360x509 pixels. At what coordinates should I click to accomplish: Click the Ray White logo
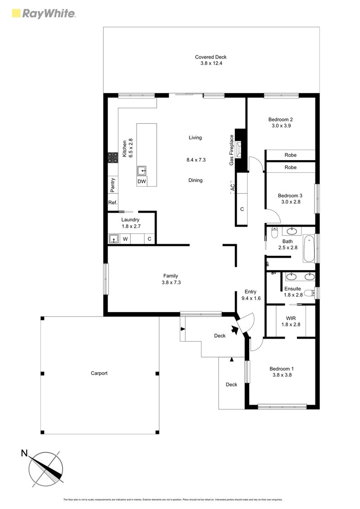pyautogui.click(x=43, y=13)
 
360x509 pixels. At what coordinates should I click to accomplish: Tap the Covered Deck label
pyautogui.click(x=211, y=57)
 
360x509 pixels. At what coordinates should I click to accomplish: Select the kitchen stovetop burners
pyautogui.click(x=112, y=157)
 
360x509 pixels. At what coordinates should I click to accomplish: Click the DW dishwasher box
pyautogui.click(x=142, y=181)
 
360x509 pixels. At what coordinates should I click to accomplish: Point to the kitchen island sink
pyautogui.click(x=142, y=170)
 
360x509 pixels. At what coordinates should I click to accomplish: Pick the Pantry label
pyautogui.click(x=112, y=184)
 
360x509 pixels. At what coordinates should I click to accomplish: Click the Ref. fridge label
pyautogui.click(x=112, y=203)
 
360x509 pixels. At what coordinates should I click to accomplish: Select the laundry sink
pyautogui.click(x=114, y=239)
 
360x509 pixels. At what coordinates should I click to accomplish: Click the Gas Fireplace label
pyautogui.click(x=231, y=150)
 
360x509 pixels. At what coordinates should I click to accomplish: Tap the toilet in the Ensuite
pyautogui.click(x=309, y=293)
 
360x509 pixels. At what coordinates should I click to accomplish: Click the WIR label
pyautogui.click(x=290, y=318)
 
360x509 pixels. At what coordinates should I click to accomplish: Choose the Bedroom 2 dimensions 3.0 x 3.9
pyautogui.click(x=280, y=126)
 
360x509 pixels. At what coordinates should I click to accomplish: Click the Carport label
pyautogui.click(x=99, y=373)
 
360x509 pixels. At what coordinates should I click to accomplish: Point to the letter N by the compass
pyautogui.click(x=24, y=453)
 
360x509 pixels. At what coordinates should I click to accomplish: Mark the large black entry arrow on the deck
pyautogui.click(x=234, y=330)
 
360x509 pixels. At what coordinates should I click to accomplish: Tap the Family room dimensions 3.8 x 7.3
pyautogui.click(x=171, y=282)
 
